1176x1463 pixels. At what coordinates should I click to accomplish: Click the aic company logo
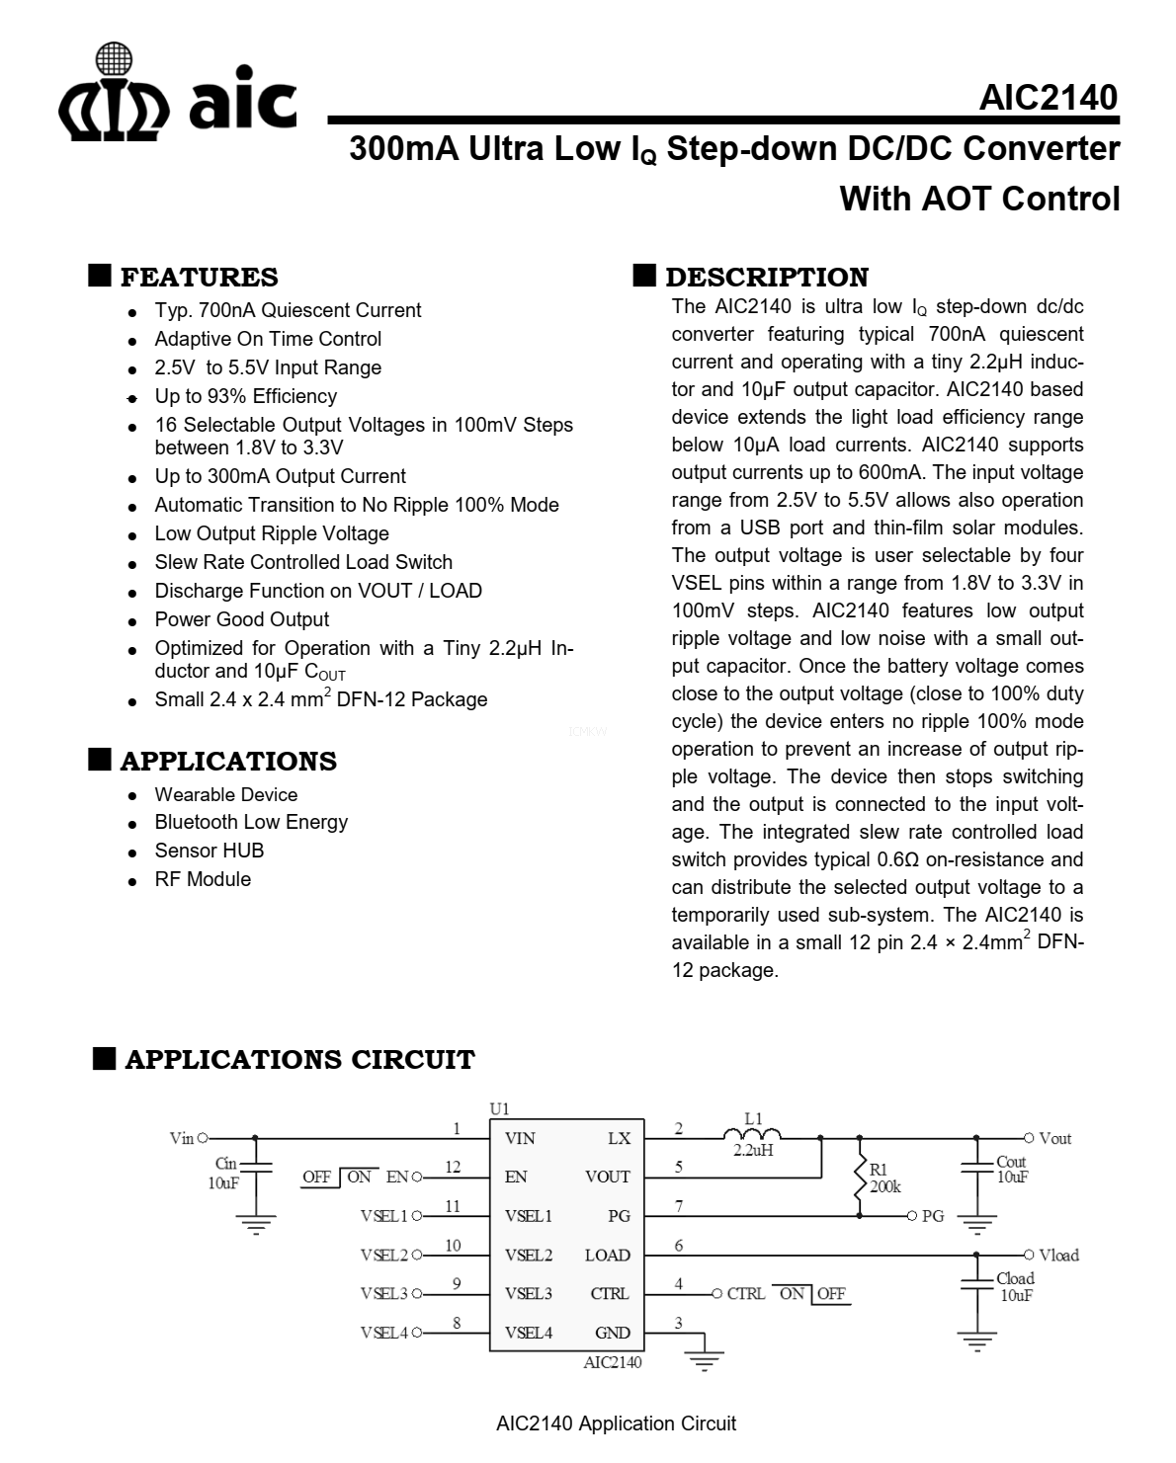coord(178,94)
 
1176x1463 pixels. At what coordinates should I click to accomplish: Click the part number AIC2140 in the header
coord(1048,98)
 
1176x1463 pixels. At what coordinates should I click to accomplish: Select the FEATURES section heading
coord(199,277)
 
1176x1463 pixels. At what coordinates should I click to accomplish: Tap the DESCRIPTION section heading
coord(766,277)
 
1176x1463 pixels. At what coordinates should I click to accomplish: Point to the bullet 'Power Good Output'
coord(241,619)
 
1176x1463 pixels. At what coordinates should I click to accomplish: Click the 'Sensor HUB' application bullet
coord(209,851)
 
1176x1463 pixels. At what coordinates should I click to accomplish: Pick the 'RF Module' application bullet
coord(203,879)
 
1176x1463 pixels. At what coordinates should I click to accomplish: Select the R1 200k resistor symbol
coord(860,1179)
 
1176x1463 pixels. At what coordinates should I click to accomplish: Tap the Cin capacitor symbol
coord(256,1167)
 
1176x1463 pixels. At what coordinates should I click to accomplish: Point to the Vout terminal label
coord(1054,1139)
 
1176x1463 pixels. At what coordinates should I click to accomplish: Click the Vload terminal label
coord(1058,1256)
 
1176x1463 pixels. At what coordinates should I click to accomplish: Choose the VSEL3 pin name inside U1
coord(528,1294)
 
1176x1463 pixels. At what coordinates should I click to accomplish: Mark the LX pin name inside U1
coord(619,1139)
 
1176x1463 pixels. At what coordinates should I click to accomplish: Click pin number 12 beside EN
coord(453,1167)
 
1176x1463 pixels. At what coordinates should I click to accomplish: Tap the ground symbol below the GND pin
coord(704,1360)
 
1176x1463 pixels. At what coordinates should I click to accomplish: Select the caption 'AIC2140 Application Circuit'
coord(616,1423)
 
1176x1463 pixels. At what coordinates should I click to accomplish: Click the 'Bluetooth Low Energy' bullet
coord(251,822)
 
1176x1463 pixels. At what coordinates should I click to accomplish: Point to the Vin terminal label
coord(182,1139)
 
